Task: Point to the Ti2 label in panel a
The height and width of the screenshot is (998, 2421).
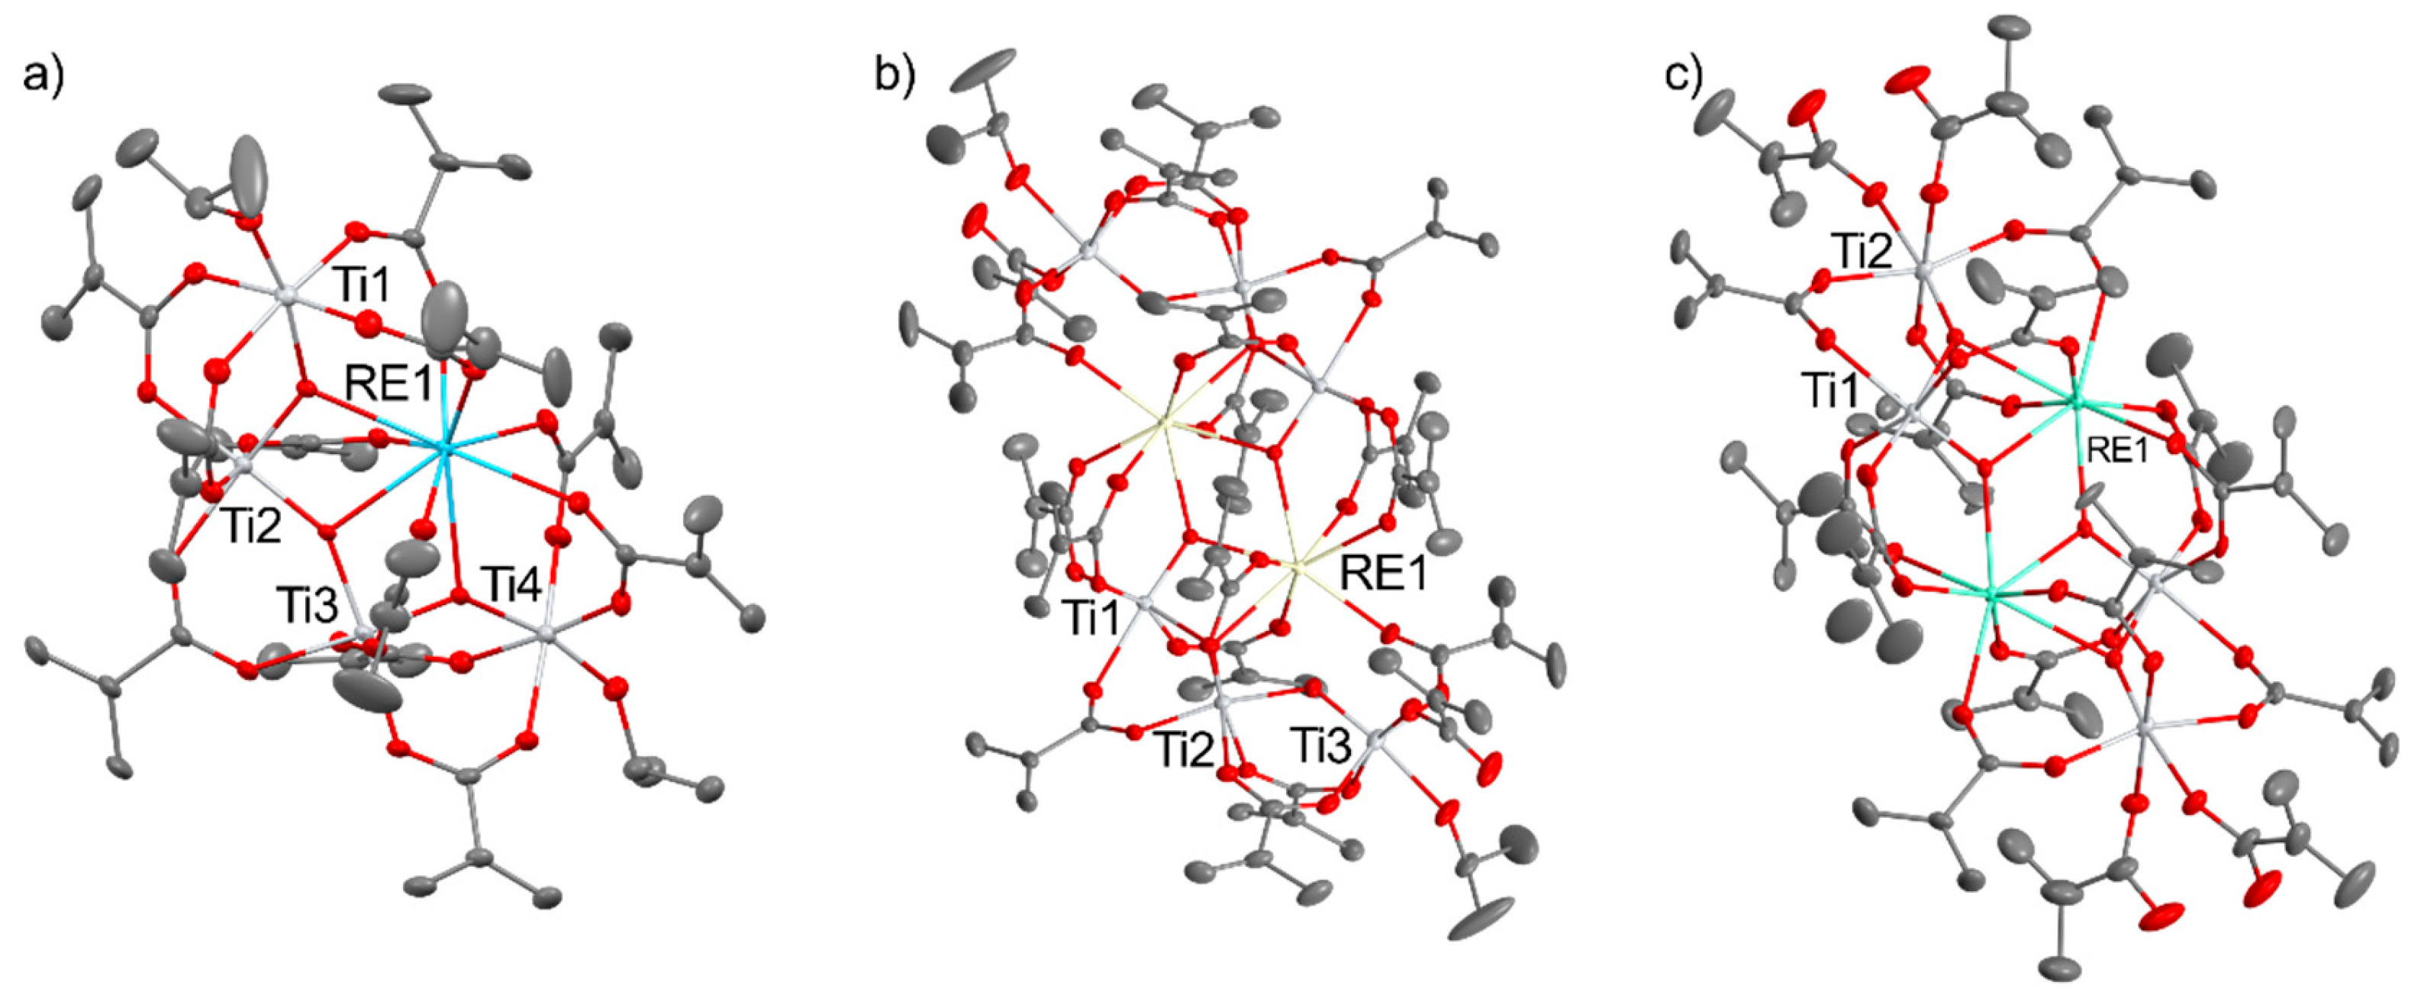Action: coord(252,528)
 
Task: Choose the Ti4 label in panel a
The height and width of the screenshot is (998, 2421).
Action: coord(511,588)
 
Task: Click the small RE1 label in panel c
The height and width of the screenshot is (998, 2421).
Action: coord(2116,452)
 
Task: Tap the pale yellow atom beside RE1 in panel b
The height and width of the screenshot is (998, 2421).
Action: coord(1298,567)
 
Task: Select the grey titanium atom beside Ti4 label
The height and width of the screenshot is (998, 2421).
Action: coord(547,636)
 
